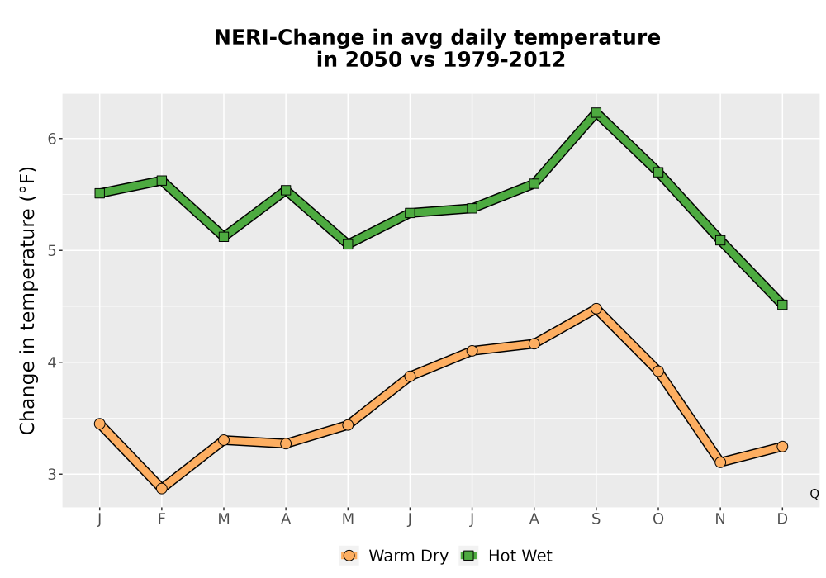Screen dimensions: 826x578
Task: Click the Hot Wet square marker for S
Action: [596, 112]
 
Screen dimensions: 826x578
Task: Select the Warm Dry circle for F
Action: [162, 489]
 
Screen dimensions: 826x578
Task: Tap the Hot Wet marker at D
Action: [782, 305]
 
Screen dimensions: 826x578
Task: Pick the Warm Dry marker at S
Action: [596, 309]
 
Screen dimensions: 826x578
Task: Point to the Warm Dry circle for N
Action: [720, 462]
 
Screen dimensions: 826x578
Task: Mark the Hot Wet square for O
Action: [658, 172]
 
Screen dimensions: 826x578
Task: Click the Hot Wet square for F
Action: [162, 181]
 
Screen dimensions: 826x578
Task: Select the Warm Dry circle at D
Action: [782, 447]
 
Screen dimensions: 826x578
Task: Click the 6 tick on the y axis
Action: [51, 139]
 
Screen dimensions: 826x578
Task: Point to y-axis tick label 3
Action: [51, 474]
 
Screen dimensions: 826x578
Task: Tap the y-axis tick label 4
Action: [51, 362]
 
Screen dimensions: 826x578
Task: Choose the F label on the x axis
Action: [162, 519]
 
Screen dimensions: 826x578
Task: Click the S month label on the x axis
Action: [596, 519]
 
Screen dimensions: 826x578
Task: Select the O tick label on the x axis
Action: [658, 519]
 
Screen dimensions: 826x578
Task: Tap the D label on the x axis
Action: [782, 519]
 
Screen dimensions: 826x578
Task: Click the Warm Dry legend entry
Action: [394, 556]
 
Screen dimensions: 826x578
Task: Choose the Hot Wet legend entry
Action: [506, 556]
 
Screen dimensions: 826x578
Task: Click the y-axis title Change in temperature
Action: [27, 301]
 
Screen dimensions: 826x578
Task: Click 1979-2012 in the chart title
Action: [504, 59]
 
